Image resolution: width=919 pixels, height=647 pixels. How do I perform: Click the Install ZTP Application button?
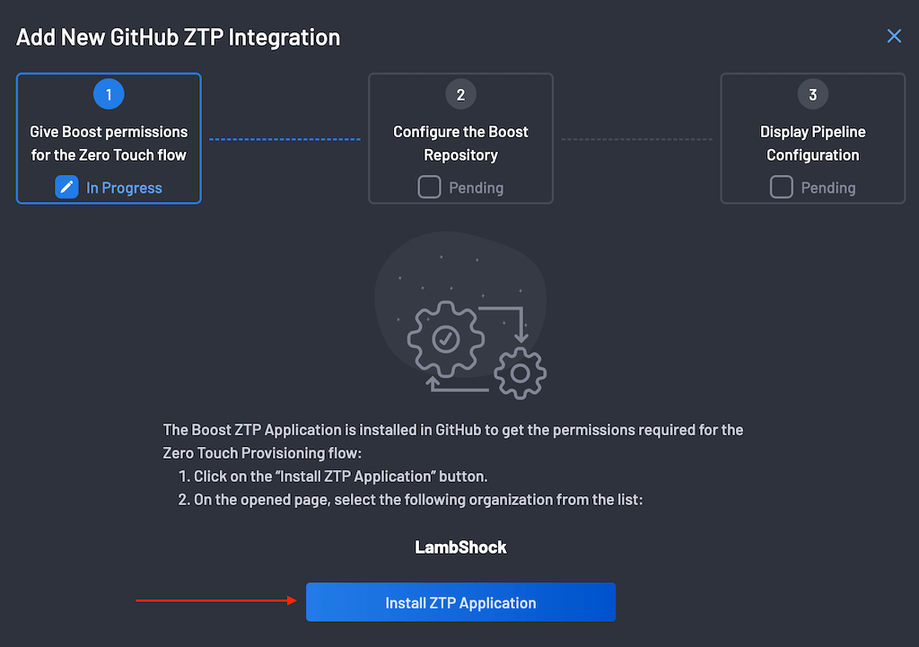(x=460, y=602)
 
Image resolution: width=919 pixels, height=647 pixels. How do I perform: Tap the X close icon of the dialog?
(x=894, y=36)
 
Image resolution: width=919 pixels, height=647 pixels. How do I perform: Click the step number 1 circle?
(x=109, y=94)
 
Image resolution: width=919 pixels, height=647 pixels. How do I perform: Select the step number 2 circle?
(x=460, y=94)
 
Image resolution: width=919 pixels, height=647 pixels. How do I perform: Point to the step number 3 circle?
(x=812, y=94)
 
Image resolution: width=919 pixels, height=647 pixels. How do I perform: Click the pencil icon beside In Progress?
(x=66, y=188)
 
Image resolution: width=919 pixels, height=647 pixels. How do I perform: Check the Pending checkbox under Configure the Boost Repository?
(x=429, y=188)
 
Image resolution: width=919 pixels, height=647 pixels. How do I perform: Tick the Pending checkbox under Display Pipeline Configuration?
(x=781, y=188)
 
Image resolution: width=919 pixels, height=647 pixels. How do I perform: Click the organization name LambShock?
(x=460, y=546)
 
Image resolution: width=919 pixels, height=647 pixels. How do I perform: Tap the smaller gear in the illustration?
(x=520, y=372)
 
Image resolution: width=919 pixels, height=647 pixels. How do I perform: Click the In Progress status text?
(x=124, y=188)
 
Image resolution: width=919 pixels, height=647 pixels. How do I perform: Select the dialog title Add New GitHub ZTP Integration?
(x=179, y=38)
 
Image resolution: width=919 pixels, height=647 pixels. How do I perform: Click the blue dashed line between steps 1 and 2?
(x=284, y=139)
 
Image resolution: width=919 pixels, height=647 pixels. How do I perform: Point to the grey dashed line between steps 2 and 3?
(x=636, y=139)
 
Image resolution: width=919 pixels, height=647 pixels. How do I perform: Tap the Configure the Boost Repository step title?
(x=460, y=144)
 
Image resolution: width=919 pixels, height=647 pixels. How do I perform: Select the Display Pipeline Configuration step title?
(x=812, y=144)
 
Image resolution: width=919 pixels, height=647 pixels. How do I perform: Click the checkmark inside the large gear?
(x=445, y=338)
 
